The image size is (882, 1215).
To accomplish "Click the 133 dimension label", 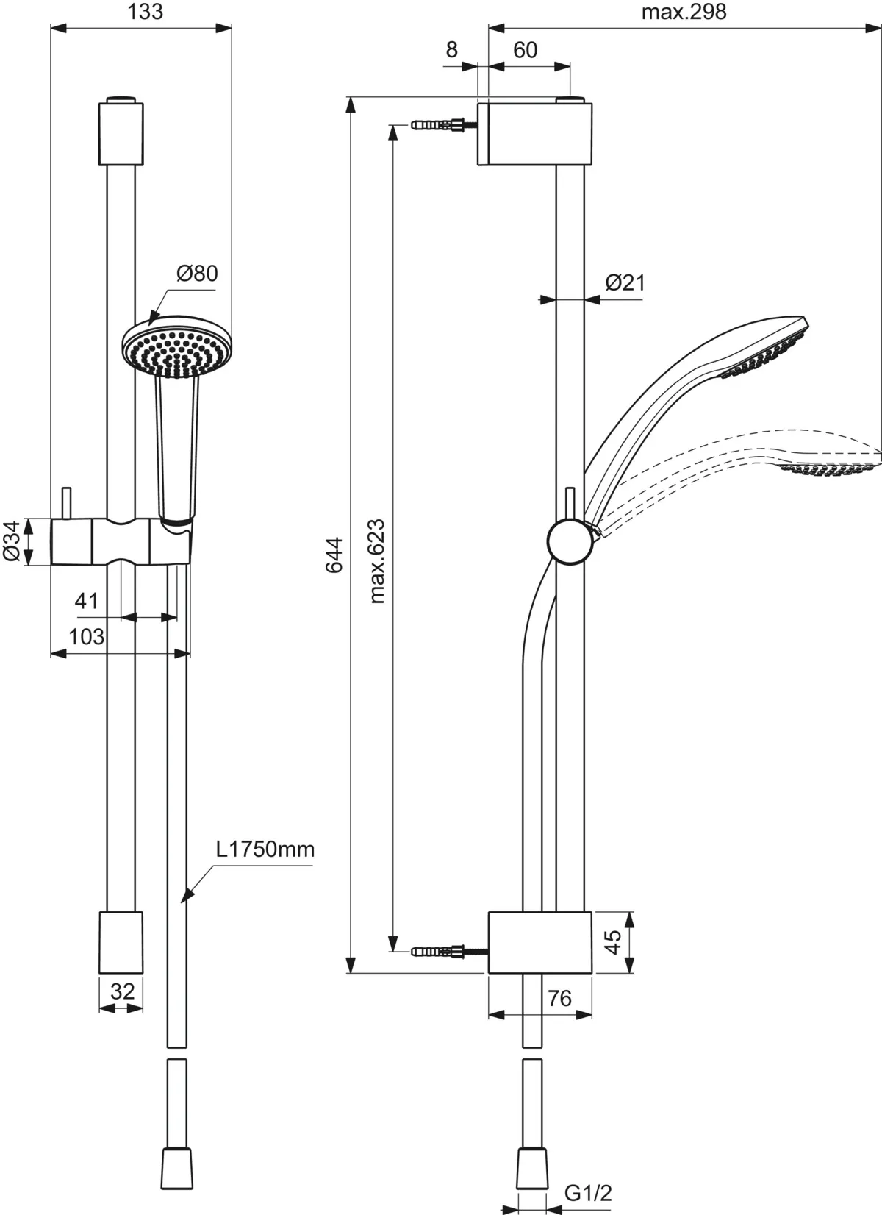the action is tap(145, 11).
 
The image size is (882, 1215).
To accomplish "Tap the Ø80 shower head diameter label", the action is tap(197, 274).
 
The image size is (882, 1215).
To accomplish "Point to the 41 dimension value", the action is tap(87, 601).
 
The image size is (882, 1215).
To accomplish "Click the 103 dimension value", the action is tap(86, 636).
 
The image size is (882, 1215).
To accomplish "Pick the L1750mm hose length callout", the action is tap(265, 849).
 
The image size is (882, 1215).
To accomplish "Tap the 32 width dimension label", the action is tap(122, 992).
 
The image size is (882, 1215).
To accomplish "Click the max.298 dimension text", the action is tap(684, 12).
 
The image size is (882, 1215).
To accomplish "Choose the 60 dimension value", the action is tap(525, 50).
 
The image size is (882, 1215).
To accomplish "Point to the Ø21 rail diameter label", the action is tap(625, 282).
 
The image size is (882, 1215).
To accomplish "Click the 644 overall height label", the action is tap(334, 555).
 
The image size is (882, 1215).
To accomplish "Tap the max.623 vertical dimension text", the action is tap(376, 561).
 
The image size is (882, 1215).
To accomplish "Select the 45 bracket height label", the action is tap(612, 942).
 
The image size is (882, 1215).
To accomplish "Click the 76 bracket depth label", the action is tap(559, 999).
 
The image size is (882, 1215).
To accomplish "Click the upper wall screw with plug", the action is tap(444, 124).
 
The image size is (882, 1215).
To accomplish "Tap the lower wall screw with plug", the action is tap(449, 952).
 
